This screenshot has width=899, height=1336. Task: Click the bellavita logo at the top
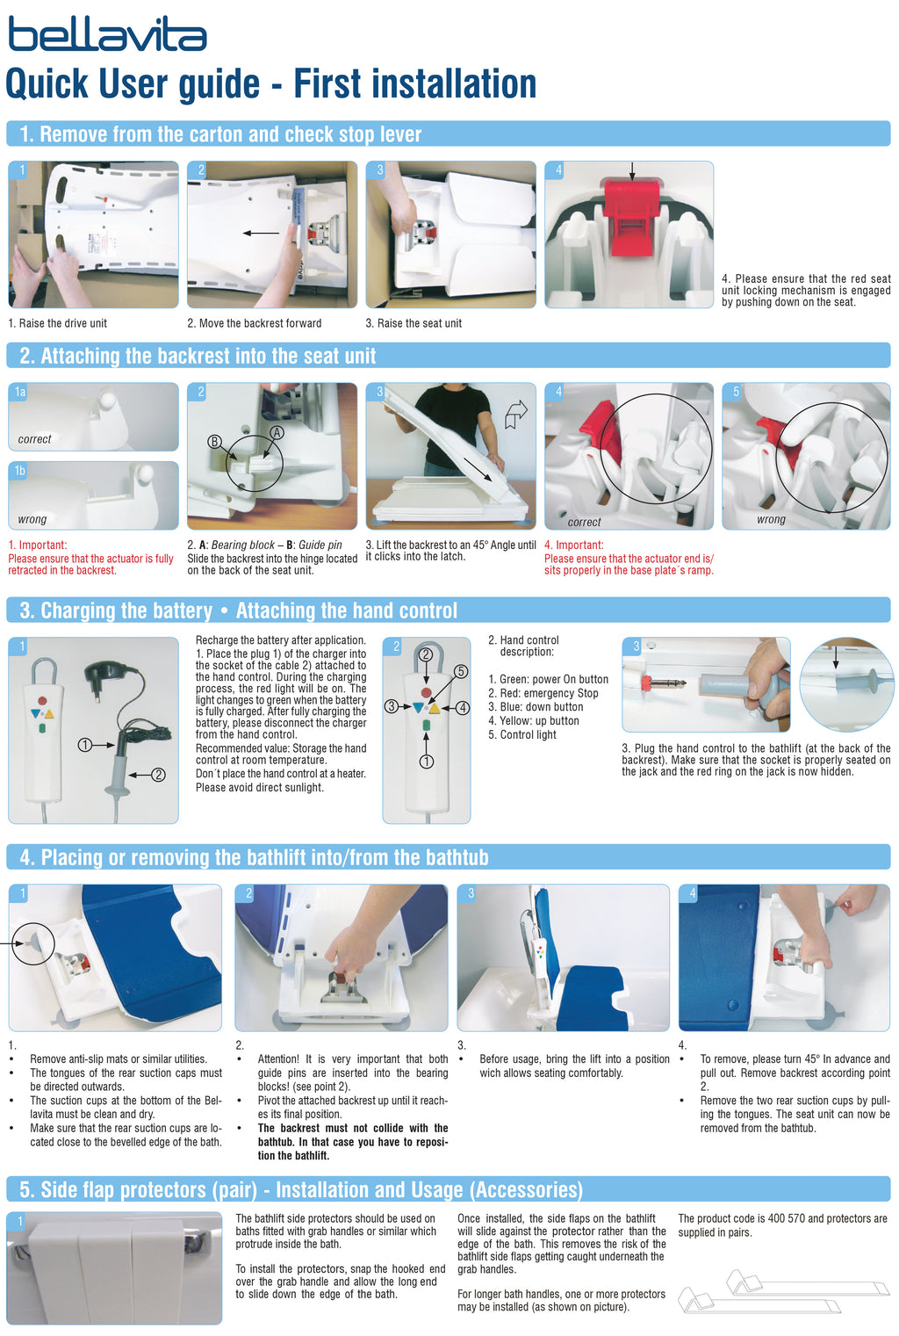(107, 33)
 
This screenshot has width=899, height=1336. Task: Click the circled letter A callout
(277, 432)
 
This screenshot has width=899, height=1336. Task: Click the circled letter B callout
(214, 442)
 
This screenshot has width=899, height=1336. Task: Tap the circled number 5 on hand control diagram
(461, 672)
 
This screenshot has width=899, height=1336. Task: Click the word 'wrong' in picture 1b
(32, 519)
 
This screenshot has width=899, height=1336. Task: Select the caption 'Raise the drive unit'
(62, 323)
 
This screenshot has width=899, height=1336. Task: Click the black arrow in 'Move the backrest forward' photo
(261, 233)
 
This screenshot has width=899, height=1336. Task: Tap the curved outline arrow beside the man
(516, 414)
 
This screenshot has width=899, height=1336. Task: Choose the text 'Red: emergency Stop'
(549, 693)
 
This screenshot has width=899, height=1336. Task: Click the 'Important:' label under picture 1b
(43, 545)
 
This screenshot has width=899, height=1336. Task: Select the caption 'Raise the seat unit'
(420, 323)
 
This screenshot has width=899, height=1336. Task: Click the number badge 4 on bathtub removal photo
(692, 892)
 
